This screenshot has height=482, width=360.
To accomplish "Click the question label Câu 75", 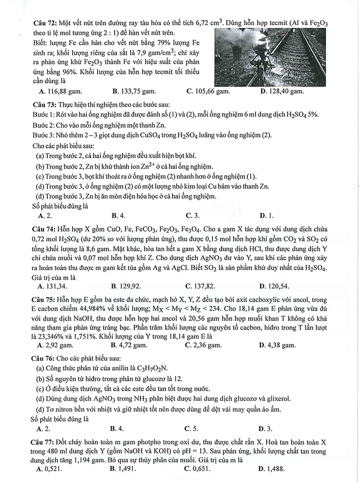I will [x=45, y=298].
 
